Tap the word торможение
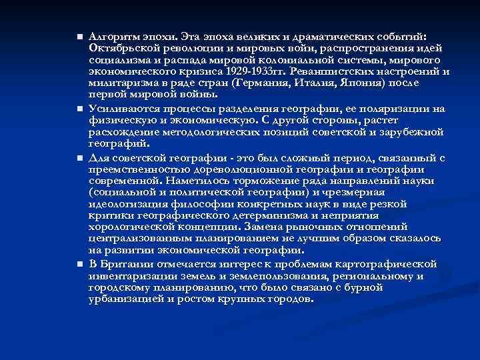click(x=265, y=180)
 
